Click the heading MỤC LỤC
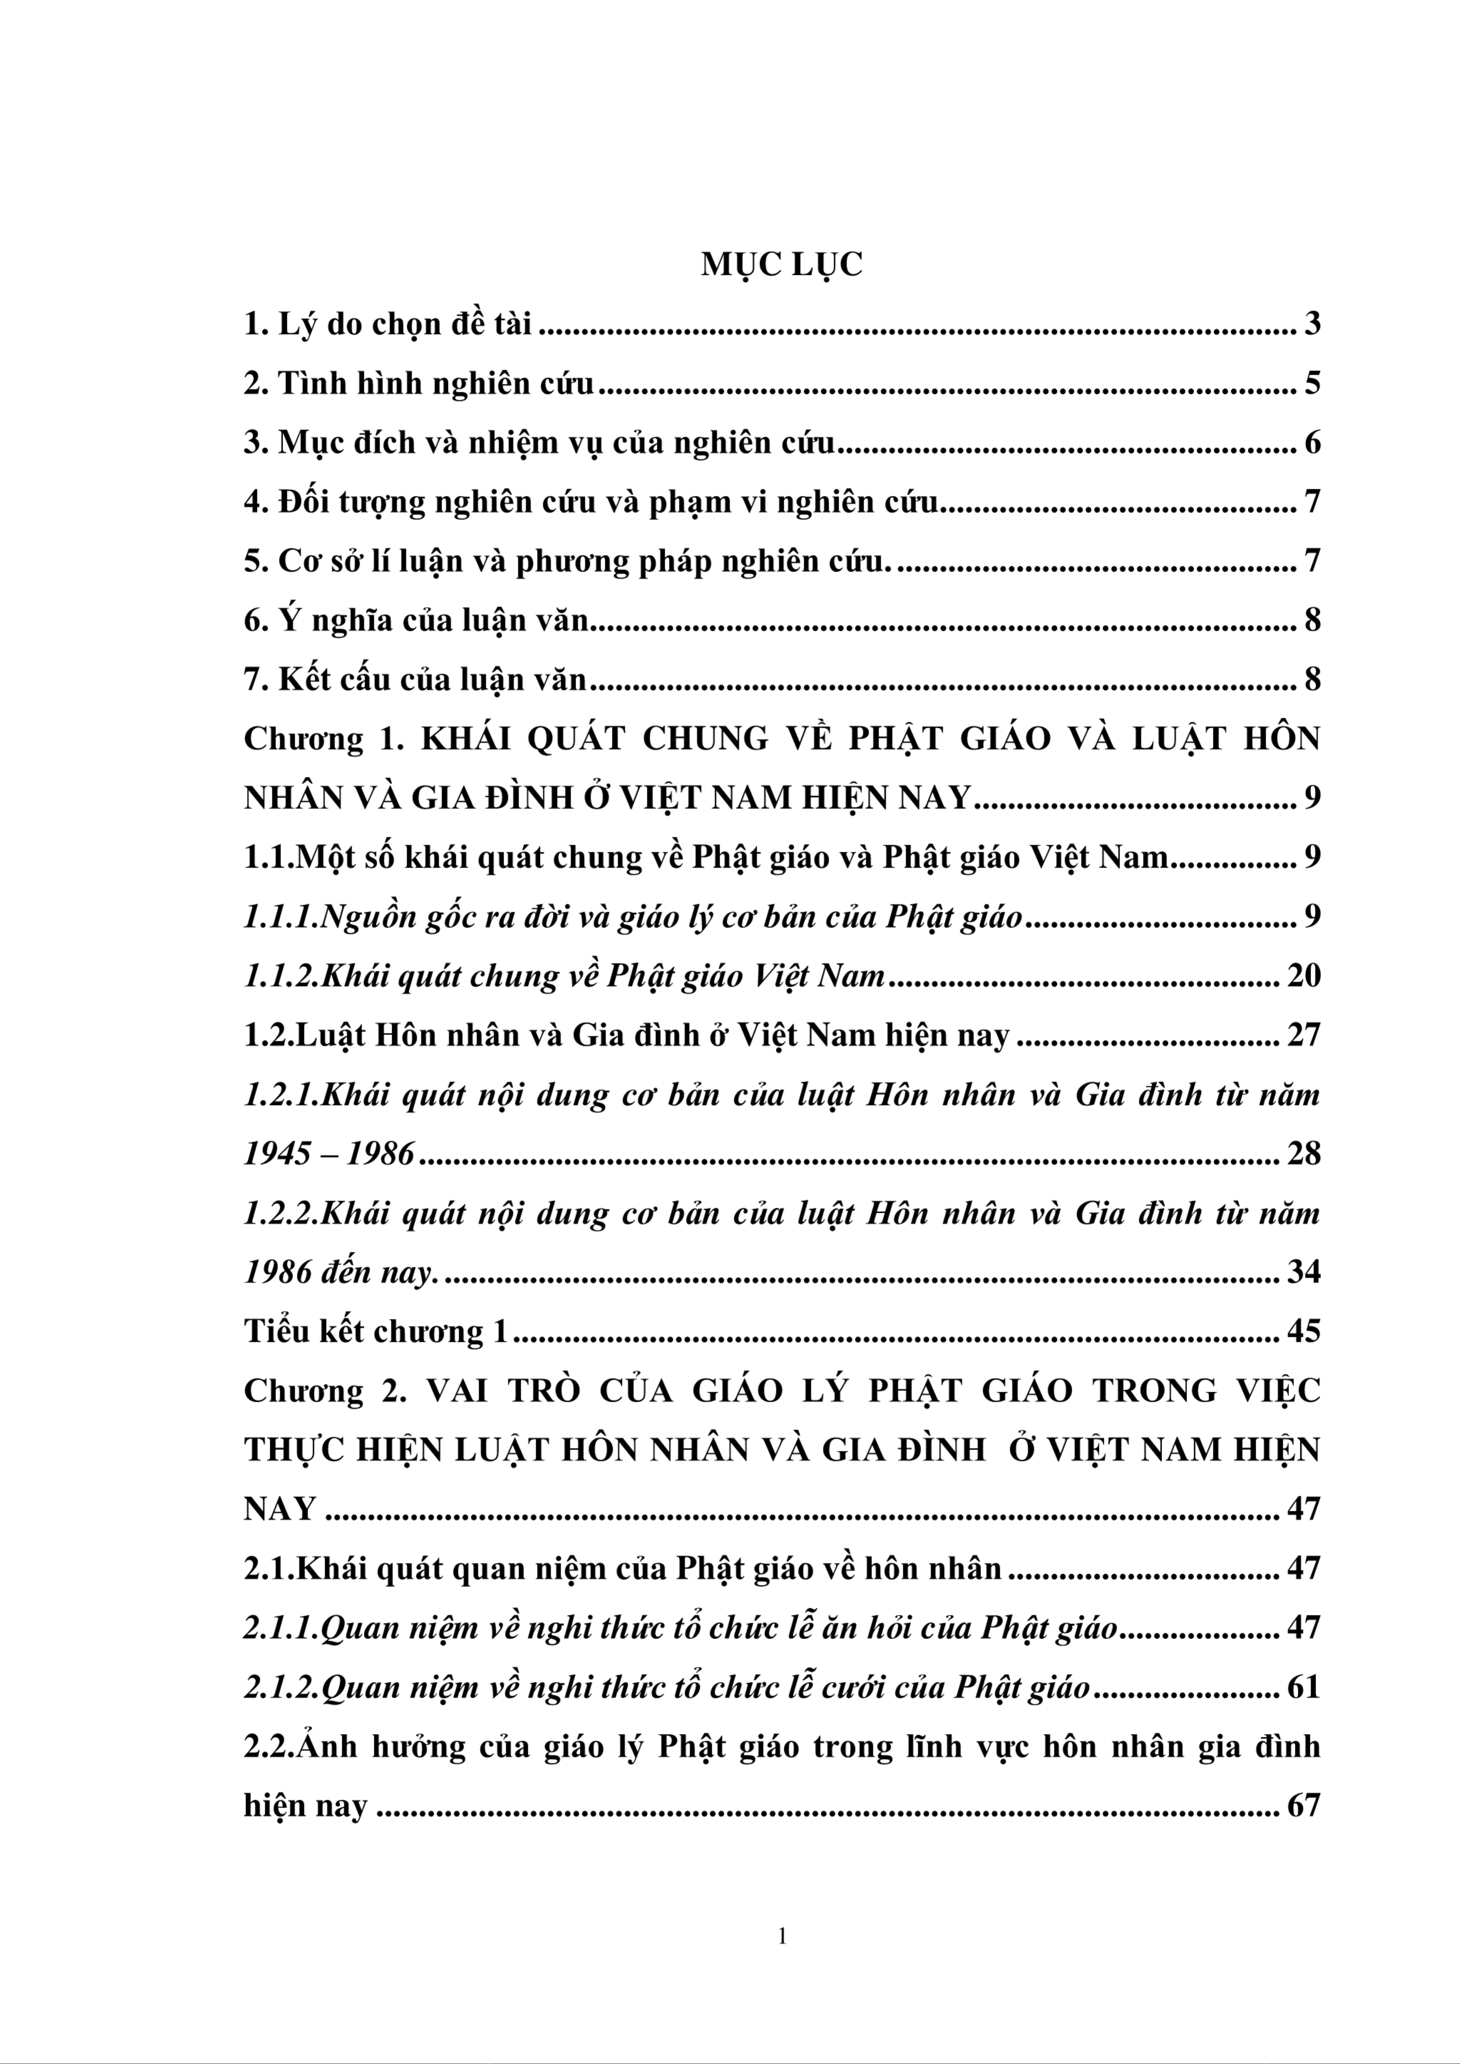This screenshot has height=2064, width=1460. (x=781, y=265)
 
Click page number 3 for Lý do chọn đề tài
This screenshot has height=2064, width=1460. (x=1312, y=324)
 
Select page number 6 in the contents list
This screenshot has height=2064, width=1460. (x=1312, y=442)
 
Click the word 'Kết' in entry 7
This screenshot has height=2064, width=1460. (x=303, y=680)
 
